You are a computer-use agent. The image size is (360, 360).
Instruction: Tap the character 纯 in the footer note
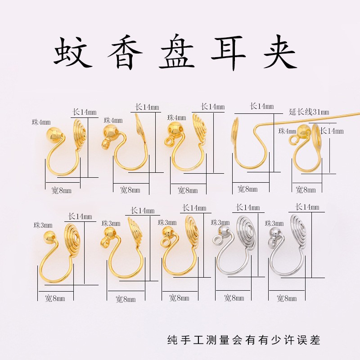pos(172,339)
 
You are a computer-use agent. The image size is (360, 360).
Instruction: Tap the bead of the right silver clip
pos(275,233)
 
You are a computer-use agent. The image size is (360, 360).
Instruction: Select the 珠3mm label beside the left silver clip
pos(220,222)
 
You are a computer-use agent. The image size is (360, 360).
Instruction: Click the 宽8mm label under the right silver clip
pos(287,298)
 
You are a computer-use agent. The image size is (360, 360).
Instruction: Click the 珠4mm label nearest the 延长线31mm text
pos(287,131)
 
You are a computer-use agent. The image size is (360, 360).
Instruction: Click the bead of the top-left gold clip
pos(53,134)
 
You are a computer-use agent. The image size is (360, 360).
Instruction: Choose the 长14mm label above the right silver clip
pos(307,207)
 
